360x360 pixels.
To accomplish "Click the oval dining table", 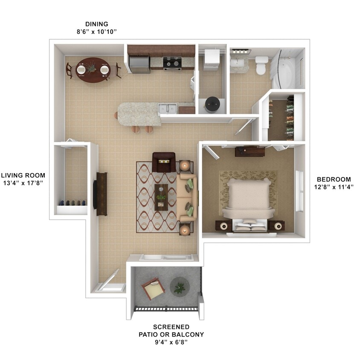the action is click(93, 70).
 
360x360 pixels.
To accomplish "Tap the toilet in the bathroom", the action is click(261, 65).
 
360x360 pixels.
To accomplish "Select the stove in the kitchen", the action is click(172, 63).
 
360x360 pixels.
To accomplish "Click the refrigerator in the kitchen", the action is click(139, 64).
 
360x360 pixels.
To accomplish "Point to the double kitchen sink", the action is click(167, 108).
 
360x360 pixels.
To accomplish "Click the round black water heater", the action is click(212, 105).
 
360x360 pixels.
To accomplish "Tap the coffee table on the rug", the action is click(161, 197).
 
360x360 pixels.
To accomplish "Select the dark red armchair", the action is click(164, 163).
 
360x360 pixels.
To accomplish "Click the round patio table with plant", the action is click(180, 287).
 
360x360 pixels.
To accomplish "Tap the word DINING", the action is click(97, 24).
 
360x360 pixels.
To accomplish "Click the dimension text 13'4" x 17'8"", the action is click(23, 183).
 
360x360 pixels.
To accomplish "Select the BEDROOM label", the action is click(334, 179).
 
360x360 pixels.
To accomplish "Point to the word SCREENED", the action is click(171, 327).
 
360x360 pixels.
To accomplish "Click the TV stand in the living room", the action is click(102, 194).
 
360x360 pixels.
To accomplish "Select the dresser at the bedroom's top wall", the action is click(250, 151).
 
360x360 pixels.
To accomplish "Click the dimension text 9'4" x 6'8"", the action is click(171, 343).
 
